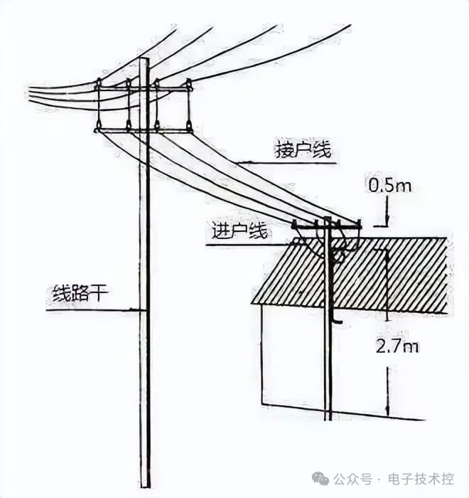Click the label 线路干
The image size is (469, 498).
coord(78,294)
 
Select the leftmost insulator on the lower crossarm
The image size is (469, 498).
coord(98,127)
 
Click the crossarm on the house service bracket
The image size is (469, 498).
coord(327,227)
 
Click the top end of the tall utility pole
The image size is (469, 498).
coord(144,61)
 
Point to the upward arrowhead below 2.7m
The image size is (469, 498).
coord(387,413)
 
